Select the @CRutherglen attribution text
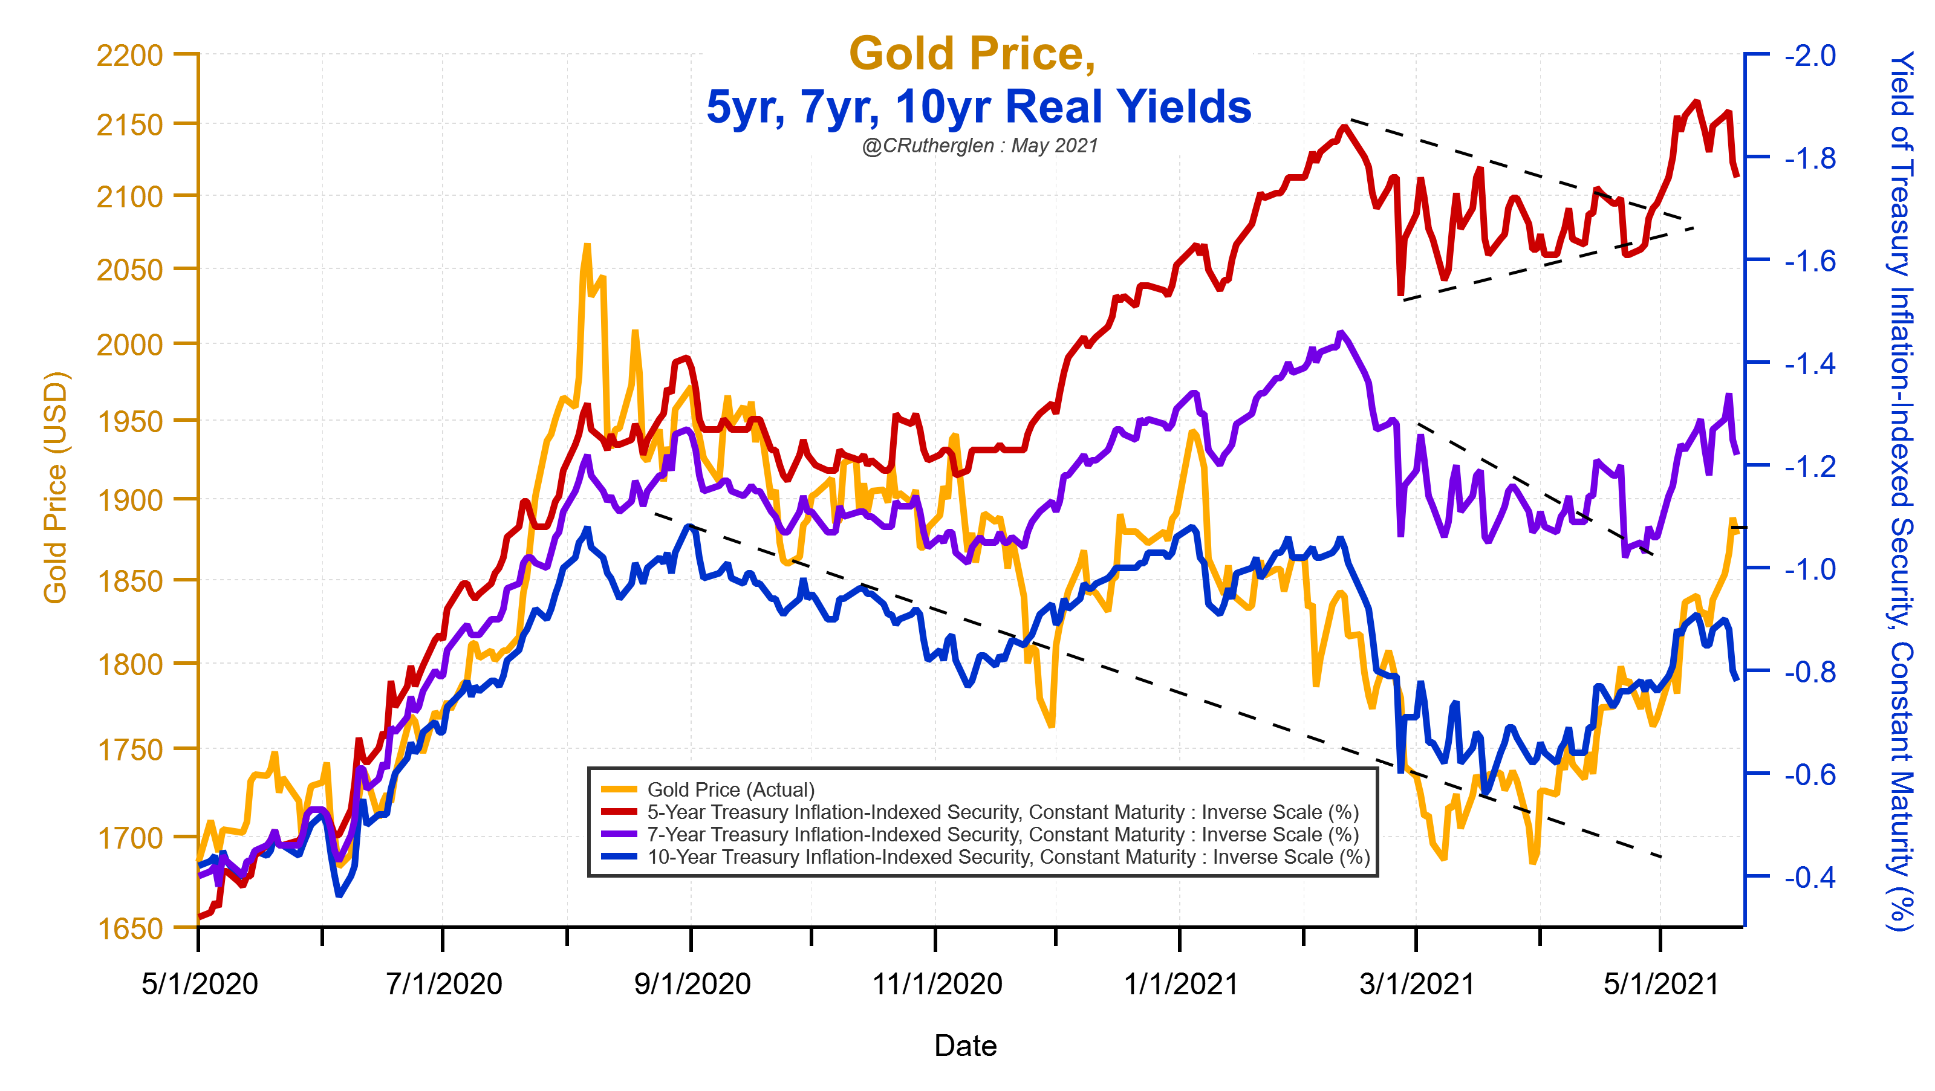980,146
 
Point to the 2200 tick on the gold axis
130,56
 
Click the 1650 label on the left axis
130,929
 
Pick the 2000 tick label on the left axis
130,345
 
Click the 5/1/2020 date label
200,983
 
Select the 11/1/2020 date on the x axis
937,983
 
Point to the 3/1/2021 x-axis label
1417,983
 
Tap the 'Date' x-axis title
965,1046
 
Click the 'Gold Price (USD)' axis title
56,488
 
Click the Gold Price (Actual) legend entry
730,790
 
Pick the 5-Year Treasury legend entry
1002,812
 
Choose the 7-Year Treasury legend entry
1002,835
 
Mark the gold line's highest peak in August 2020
587,245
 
